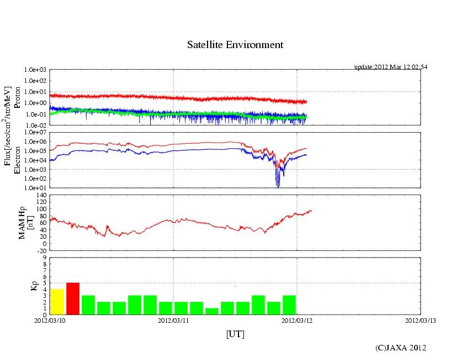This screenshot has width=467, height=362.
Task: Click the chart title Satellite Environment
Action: (x=235, y=45)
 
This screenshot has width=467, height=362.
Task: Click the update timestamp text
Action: (x=390, y=67)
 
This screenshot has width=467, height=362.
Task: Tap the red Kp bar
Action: (x=73, y=298)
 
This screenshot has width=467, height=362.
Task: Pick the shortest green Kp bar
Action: (x=212, y=311)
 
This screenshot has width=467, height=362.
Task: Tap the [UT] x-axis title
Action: (x=235, y=334)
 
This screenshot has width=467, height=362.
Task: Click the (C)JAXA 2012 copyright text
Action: (x=401, y=348)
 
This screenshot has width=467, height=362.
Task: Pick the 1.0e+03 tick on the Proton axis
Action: (x=34, y=70)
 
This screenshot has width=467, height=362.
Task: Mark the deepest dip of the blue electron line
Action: (x=278, y=186)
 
